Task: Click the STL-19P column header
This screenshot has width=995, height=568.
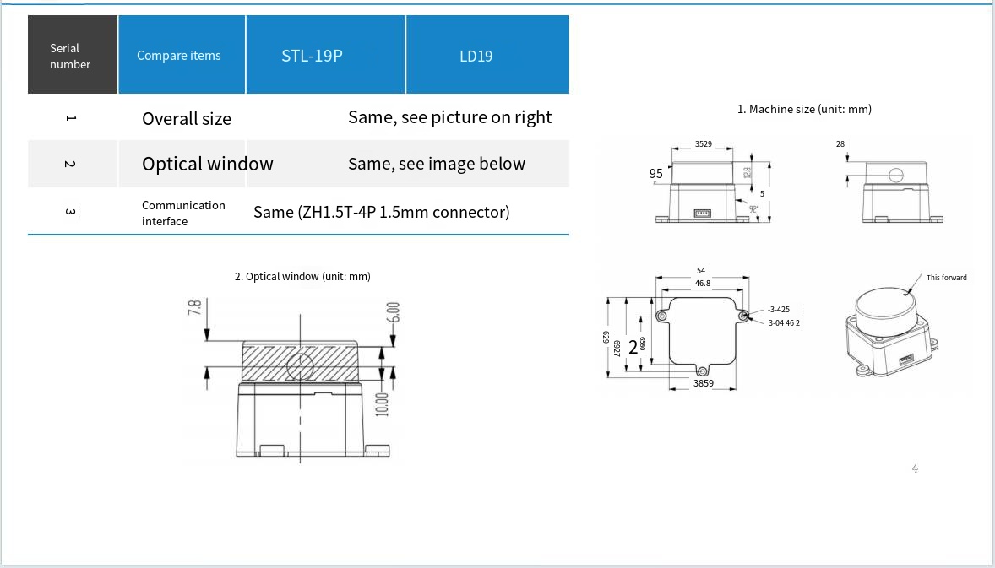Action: pyautogui.click(x=312, y=57)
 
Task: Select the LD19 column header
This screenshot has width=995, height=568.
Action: pyautogui.click(x=476, y=57)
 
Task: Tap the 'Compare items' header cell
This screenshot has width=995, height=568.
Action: pyautogui.click(x=179, y=56)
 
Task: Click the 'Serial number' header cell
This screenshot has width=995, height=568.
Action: pyautogui.click(x=70, y=57)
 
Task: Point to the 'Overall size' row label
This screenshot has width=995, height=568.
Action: pyautogui.click(x=187, y=119)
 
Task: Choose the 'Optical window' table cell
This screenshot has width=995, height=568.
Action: pyautogui.click(x=208, y=164)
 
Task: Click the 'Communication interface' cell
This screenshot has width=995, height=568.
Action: pyautogui.click(x=183, y=213)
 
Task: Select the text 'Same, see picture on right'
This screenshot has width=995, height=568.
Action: pyautogui.click(x=449, y=117)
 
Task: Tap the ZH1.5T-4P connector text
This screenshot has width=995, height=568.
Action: pyautogui.click(x=382, y=212)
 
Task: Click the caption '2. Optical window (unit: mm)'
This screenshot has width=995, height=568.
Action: pyautogui.click(x=302, y=276)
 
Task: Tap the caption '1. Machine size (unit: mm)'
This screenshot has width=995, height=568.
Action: pyautogui.click(x=804, y=109)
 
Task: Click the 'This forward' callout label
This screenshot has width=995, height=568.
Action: pyautogui.click(x=946, y=278)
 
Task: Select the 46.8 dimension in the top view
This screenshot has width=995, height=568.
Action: pyautogui.click(x=702, y=284)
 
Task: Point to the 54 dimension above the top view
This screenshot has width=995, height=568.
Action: pyautogui.click(x=700, y=270)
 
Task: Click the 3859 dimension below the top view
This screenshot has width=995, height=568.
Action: pyautogui.click(x=703, y=383)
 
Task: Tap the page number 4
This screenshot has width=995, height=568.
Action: pyautogui.click(x=915, y=468)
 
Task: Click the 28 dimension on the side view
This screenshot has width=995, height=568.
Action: pyautogui.click(x=840, y=144)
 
